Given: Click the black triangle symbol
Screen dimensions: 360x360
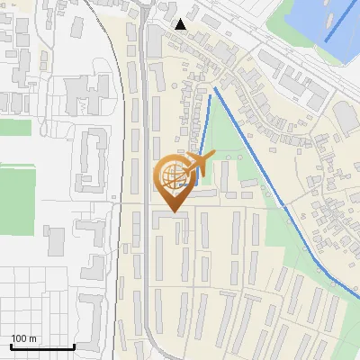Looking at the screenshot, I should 181,24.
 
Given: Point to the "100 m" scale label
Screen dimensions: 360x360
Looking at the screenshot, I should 24,338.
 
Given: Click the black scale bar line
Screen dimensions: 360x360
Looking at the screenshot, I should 41,346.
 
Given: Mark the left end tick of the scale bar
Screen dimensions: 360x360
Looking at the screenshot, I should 11,345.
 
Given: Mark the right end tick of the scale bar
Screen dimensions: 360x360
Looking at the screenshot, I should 73,345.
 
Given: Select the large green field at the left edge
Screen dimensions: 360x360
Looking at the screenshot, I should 16,193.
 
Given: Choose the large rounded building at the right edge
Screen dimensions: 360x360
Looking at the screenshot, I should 346,117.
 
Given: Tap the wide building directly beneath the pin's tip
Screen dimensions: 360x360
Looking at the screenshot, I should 171,219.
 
